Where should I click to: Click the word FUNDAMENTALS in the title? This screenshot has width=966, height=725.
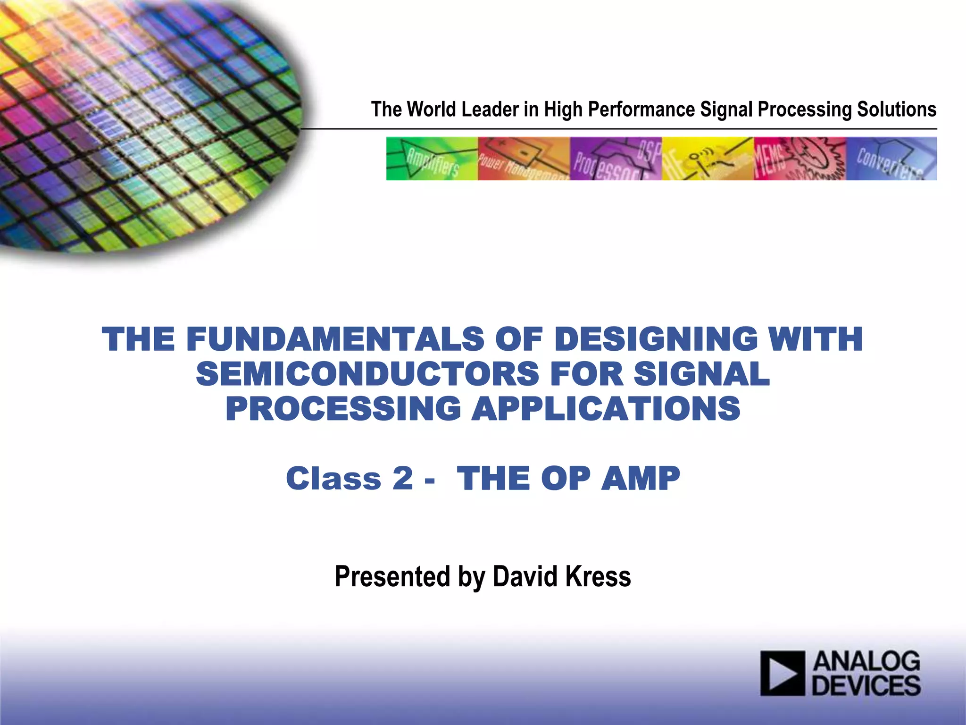click(335, 339)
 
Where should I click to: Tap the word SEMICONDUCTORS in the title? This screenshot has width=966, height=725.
click(367, 374)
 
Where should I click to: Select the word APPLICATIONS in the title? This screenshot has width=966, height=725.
click(606, 408)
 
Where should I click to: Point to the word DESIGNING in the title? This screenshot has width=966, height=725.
click(655, 339)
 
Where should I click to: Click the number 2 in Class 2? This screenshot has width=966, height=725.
click(402, 478)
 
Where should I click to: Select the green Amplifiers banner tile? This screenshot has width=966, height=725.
click(432, 159)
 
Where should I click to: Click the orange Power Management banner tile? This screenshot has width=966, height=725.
click(524, 159)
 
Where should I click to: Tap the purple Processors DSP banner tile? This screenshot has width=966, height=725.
click(616, 159)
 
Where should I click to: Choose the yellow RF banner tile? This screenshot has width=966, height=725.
click(708, 159)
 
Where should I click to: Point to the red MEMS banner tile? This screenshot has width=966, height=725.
click(799, 159)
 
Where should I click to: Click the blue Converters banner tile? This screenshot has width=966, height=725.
click(891, 159)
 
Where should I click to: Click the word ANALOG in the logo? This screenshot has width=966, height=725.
click(866, 662)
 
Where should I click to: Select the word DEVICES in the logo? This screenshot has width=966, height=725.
click(866, 685)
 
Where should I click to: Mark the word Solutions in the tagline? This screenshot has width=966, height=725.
click(896, 110)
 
